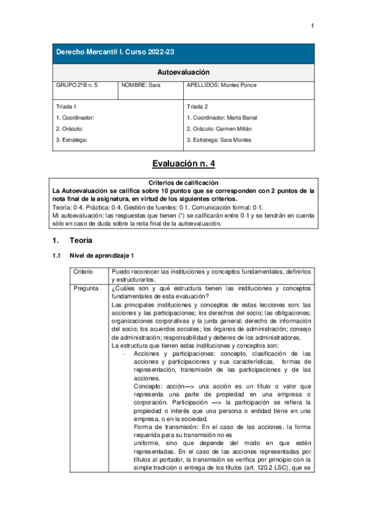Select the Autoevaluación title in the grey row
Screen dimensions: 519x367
pos(183,72)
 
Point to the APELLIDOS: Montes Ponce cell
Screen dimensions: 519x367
pos(222,86)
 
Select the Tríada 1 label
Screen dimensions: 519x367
pos(66,106)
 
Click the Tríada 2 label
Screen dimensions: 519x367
pos(197,106)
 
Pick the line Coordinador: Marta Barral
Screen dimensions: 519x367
pos(222,118)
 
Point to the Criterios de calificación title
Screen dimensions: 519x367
pos(183,182)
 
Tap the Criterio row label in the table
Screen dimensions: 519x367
pos(83,271)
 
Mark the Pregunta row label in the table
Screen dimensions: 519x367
pos(85,288)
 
